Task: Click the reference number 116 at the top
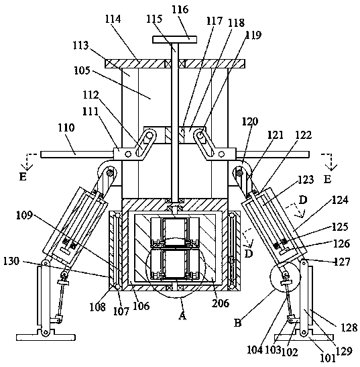tap(180, 9)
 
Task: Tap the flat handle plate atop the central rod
tap(174, 40)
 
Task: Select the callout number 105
tap(82, 70)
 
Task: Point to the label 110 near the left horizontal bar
tap(66, 127)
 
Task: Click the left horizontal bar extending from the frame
tap(77, 154)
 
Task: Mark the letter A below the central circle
tap(182, 316)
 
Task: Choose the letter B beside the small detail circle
tap(237, 323)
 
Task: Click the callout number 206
tap(221, 303)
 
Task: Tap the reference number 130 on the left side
tap(11, 261)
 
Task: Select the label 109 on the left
tap(24, 215)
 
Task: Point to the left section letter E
tap(23, 177)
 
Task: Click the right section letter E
tap(327, 179)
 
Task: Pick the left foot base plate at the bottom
tap(46, 337)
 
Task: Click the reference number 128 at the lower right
tap(349, 327)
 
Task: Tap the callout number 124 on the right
tap(340, 200)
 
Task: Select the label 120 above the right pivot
tap(250, 121)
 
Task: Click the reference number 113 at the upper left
tap(80, 46)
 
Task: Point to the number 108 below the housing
tap(98, 307)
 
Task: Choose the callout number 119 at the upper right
tap(253, 35)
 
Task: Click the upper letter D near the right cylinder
tap(303, 201)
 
